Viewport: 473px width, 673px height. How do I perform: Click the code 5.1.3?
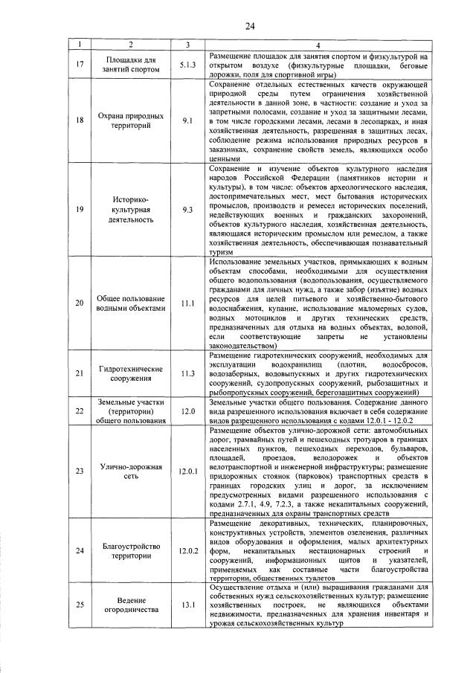[x=187, y=64]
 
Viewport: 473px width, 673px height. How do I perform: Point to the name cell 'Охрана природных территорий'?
[x=120, y=120]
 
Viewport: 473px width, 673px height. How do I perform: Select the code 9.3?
[x=187, y=210]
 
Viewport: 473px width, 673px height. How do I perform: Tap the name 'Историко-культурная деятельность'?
[x=120, y=210]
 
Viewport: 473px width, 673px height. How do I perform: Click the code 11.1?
[x=187, y=303]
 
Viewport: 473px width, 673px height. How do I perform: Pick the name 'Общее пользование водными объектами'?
[x=120, y=303]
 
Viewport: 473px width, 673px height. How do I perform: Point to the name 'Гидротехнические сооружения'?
[x=120, y=373]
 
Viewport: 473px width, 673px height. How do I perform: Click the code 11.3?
[x=187, y=373]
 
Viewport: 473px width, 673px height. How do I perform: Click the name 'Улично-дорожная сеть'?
[x=120, y=471]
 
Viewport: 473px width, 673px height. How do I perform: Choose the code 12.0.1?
[x=187, y=471]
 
